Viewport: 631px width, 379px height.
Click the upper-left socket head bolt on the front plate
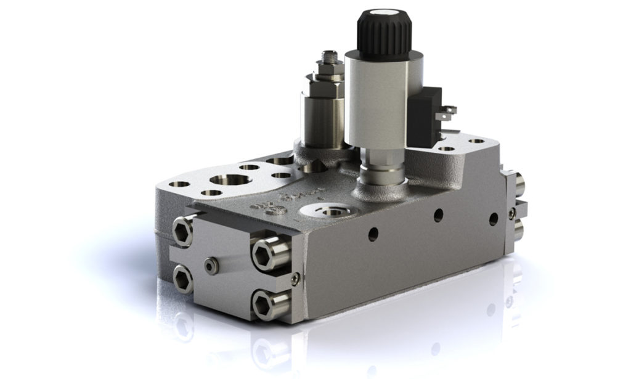183,231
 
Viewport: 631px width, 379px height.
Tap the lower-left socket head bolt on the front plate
183,279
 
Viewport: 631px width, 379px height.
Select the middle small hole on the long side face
438,214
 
